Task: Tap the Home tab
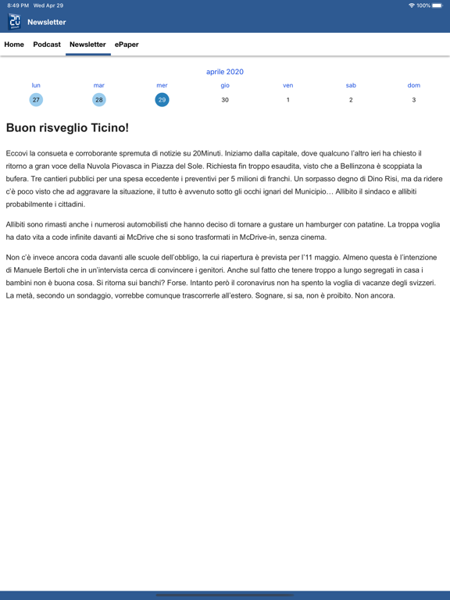tap(14, 45)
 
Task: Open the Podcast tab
tap(47, 45)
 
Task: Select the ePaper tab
tap(127, 45)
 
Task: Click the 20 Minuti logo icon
tap(15, 22)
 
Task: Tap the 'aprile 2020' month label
tap(225, 72)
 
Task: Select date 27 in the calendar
tap(36, 100)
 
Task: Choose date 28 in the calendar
tap(99, 100)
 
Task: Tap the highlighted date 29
tap(162, 100)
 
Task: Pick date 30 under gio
tap(225, 100)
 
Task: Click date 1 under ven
tap(288, 100)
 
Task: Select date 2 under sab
tap(351, 100)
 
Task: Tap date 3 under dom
tap(414, 100)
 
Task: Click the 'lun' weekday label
tap(36, 85)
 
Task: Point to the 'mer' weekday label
tap(162, 85)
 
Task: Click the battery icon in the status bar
tap(437, 5)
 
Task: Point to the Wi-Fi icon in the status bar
tap(411, 5)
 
